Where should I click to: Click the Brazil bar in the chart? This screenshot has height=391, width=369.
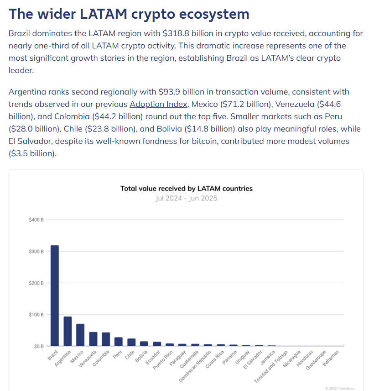tap(54, 296)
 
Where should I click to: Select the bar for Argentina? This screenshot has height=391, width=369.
tap(68, 331)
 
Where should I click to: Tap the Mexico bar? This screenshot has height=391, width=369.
tap(80, 335)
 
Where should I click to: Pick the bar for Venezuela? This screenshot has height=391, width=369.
tap(93, 339)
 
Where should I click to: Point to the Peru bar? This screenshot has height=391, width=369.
tap(119, 342)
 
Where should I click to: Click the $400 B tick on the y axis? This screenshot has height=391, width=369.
tap(36, 220)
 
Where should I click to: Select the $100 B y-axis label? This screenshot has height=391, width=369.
tap(36, 315)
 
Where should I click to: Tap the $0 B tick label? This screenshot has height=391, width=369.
tap(38, 346)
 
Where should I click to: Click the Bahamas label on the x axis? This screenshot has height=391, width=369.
tap(332, 357)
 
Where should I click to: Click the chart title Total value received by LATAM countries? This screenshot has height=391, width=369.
tap(186, 188)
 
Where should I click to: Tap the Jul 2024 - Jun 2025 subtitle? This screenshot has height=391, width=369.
tap(186, 198)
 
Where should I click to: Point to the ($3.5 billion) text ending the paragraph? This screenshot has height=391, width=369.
tap(33, 153)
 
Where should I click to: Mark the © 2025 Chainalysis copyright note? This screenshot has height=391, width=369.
tap(340, 388)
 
